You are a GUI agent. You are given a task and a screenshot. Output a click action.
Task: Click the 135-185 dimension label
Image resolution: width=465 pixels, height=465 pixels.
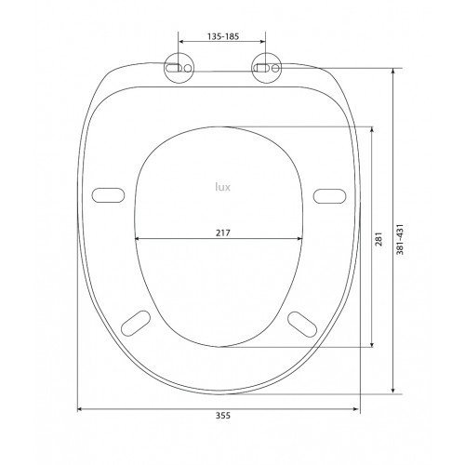(x=223, y=36)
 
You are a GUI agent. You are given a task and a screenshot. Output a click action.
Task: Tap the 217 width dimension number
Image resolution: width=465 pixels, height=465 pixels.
(x=223, y=232)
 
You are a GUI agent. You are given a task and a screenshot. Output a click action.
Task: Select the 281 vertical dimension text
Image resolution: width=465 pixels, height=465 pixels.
(x=379, y=239)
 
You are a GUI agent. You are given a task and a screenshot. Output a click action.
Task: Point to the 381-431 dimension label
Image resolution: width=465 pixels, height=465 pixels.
(x=401, y=239)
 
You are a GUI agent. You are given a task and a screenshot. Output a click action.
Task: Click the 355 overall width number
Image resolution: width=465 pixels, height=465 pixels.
(x=223, y=416)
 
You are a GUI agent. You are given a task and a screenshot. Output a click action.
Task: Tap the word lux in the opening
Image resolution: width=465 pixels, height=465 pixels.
(x=223, y=187)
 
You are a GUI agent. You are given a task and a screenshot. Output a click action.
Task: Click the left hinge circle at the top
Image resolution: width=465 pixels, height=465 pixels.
(x=179, y=69)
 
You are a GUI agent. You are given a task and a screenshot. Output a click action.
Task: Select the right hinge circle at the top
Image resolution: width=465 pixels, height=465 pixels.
(x=266, y=69)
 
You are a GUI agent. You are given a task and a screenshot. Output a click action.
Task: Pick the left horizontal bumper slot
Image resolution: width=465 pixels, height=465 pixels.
(x=109, y=195)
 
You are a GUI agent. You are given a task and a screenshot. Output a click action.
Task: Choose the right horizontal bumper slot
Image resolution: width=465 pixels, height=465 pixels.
(x=329, y=196)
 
